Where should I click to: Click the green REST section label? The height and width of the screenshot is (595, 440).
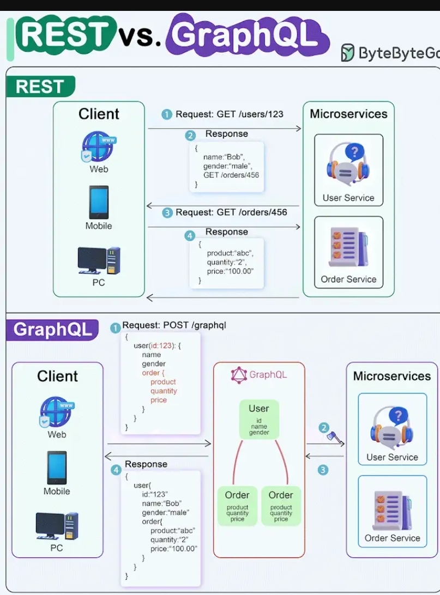pos(40,87)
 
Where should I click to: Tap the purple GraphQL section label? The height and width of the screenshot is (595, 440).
pos(52,330)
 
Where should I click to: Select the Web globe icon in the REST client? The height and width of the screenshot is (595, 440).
pos(98,147)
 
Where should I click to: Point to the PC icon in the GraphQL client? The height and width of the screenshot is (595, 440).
pos(57,525)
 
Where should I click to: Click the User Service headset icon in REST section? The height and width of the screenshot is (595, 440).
pos(348,165)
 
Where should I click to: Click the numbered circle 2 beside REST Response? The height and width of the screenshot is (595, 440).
pos(190,135)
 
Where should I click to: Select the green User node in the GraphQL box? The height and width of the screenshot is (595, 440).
pos(259,420)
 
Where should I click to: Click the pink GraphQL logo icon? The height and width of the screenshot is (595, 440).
pos(239,375)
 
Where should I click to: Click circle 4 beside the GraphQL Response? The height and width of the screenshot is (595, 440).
pos(116,470)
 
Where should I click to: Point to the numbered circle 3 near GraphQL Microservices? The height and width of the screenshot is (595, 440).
pos(323,470)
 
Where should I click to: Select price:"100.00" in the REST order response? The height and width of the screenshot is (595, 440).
pos(231,271)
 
